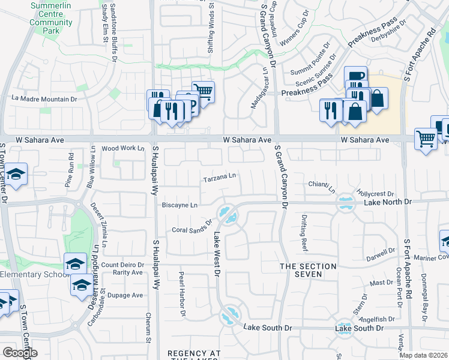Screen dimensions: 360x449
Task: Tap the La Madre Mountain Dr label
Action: [x=45, y=98]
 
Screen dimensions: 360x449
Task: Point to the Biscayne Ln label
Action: [x=179, y=205]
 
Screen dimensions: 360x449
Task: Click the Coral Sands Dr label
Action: [x=193, y=225]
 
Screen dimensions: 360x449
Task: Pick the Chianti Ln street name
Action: [x=323, y=187]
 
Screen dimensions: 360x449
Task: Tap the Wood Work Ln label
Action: [x=123, y=148]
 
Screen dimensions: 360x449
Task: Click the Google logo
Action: [x=20, y=352]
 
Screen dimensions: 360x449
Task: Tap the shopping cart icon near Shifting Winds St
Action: [x=203, y=92]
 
